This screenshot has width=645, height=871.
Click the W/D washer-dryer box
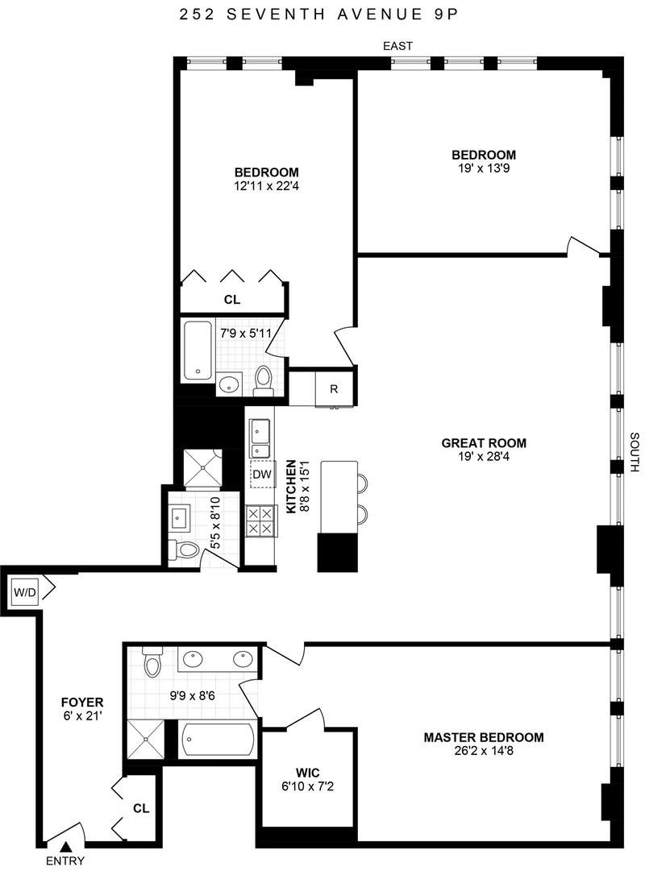(x=24, y=593)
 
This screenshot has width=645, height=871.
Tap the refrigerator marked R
(x=334, y=389)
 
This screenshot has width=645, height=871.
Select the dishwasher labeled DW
(x=262, y=475)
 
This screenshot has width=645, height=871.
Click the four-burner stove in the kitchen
(x=261, y=521)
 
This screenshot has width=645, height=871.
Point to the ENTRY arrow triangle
(x=65, y=847)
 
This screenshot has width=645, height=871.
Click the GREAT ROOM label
(x=484, y=443)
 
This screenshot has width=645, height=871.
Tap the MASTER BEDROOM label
(x=484, y=738)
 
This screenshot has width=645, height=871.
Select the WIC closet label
(x=307, y=774)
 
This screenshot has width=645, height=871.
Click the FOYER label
(x=82, y=703)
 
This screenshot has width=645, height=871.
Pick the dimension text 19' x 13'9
(x=484, y=168)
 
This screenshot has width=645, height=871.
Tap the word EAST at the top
(x=398, y=46)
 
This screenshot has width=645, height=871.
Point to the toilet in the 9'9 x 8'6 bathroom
(x=152, y=661)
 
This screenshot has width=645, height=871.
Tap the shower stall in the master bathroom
(x=146, y=740)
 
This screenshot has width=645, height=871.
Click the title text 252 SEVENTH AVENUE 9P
(x=319, y=15)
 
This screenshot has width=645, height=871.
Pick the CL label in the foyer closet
(x=141, y=808)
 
